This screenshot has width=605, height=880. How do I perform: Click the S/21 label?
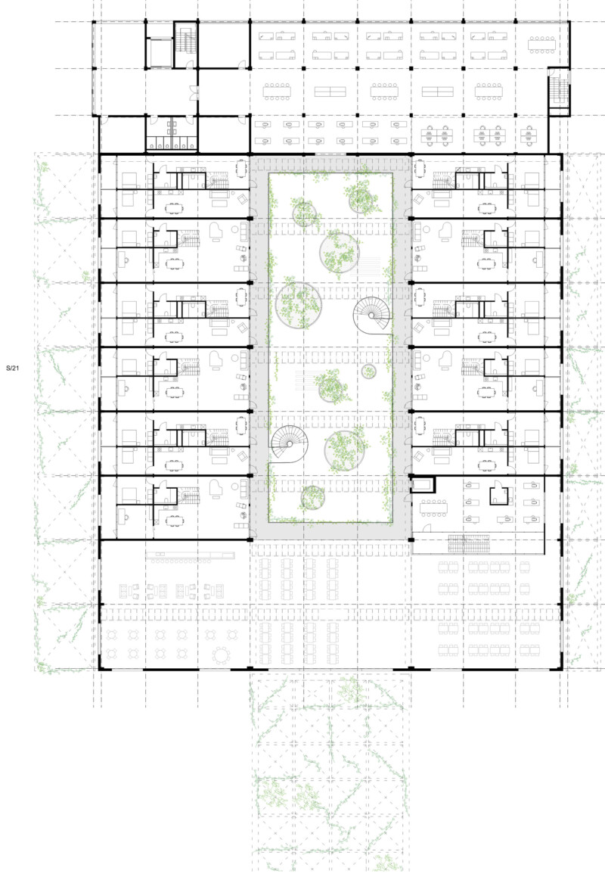click(x=12, y=368)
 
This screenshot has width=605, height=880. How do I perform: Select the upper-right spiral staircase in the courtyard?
click(x=372, y=315)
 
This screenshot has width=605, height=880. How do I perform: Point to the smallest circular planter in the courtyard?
click(x=368, y=371)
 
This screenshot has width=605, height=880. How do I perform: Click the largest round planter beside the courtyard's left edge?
click(x=298, y=305)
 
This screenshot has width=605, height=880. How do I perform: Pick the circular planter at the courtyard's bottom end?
click(x=313, y=497)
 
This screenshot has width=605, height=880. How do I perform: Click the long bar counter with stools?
click(x=190, y=556)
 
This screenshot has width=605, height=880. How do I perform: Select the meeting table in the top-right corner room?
click(x=541, y=45)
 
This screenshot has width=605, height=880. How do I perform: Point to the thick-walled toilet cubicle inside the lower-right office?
click(x=499, y=493)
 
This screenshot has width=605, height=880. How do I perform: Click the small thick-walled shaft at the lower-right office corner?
click(x=422, y=484)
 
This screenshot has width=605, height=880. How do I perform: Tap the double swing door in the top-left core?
click(x=194, y=92)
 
